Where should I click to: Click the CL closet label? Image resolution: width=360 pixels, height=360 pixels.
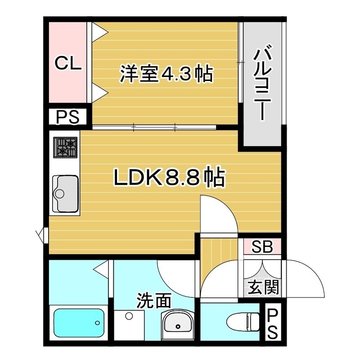[68, 63]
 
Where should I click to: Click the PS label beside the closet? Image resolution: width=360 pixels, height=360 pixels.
[68, 117]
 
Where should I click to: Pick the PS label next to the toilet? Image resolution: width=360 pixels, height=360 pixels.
[273, 324]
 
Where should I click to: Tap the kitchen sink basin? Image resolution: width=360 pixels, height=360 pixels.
[65, 193]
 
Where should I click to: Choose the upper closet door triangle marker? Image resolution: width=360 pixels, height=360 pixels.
[100, 33]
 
